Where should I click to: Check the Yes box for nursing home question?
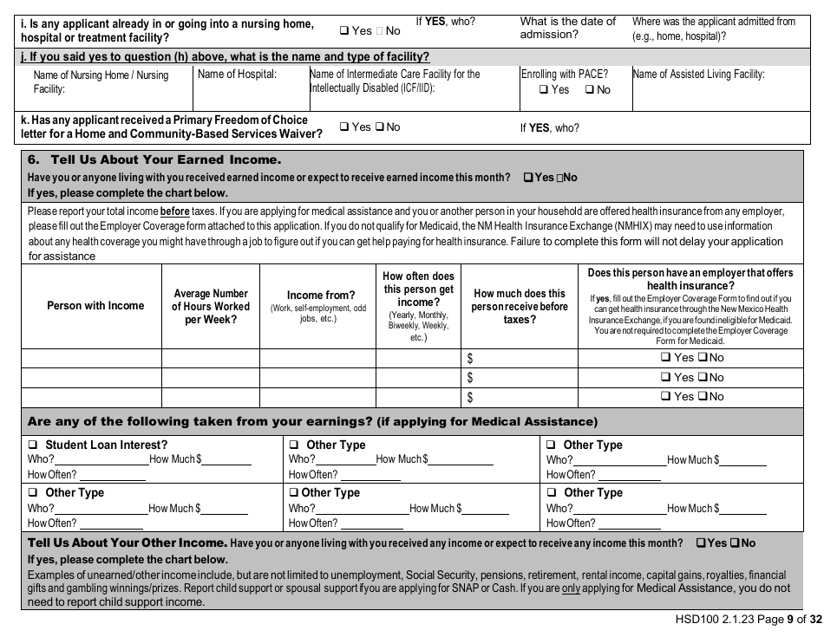click(x=344, y=31)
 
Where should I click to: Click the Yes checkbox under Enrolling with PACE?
click(x=544, y=89)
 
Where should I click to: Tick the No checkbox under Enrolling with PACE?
click(x=590, y=89)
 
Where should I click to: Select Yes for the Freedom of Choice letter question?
click(x=344, y=127)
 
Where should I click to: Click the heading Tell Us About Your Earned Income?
click(x=154, y=160)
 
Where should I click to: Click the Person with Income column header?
click(x=95, y=306)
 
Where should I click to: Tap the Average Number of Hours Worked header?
click(x=210, y=306)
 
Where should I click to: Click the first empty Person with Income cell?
click(x=91, y=358)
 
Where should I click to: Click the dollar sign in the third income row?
click(x=470, y=397)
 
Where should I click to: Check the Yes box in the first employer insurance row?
click(x=665, y=358)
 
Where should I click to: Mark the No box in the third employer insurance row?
click(x=703, y=397)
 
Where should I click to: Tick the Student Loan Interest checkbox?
click(x=33, y=445)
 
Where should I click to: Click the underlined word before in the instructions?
click(x=174, y=211)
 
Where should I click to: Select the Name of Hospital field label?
click(x=237, y=75)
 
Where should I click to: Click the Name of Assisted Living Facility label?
click(x=698, y=75)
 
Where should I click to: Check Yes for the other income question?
click(x=701, y=543)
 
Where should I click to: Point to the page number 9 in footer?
click(x=789, y=620)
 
